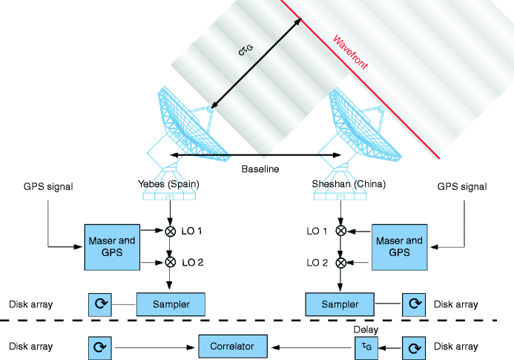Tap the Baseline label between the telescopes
tap(260, 169)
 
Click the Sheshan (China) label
tap(342, 183)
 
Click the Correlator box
tap(232, 346)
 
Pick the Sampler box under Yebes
tap(170, 304)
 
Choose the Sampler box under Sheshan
tap(341, 304)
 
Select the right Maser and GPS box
tap(400, 246)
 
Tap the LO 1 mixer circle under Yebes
tap(171, 232)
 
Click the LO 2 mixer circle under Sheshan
tap(341, 262)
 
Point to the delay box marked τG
tap(363, 346)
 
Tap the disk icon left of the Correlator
tap(99, 346)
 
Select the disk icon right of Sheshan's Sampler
tap(414, 304)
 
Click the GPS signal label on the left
tap(49, 187)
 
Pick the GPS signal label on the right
tap(461, 187)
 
